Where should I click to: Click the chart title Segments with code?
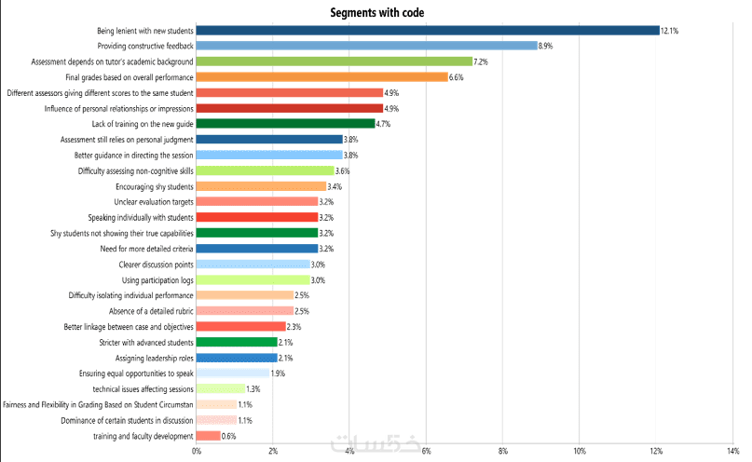[376, 11]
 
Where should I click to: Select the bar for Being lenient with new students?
[428, 30]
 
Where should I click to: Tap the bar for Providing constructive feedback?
[366, 46]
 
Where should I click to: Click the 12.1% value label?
[669, 31]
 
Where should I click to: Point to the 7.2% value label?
[482, 61]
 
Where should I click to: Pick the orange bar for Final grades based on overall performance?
[322, 77]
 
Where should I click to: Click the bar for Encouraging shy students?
[261, 186]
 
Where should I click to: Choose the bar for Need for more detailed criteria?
[257, 249]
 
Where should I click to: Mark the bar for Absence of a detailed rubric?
[245, 311]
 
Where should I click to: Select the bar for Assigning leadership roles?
[237, 358]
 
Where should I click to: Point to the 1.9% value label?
[278, 374]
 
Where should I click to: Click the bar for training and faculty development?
[208, 436]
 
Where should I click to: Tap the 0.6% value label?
[230, 436]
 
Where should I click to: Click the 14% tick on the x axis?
[732, 452]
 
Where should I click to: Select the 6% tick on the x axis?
[426, 452]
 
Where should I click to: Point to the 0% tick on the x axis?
[197, 452]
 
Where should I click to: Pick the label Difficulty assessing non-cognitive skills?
[135, 170]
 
